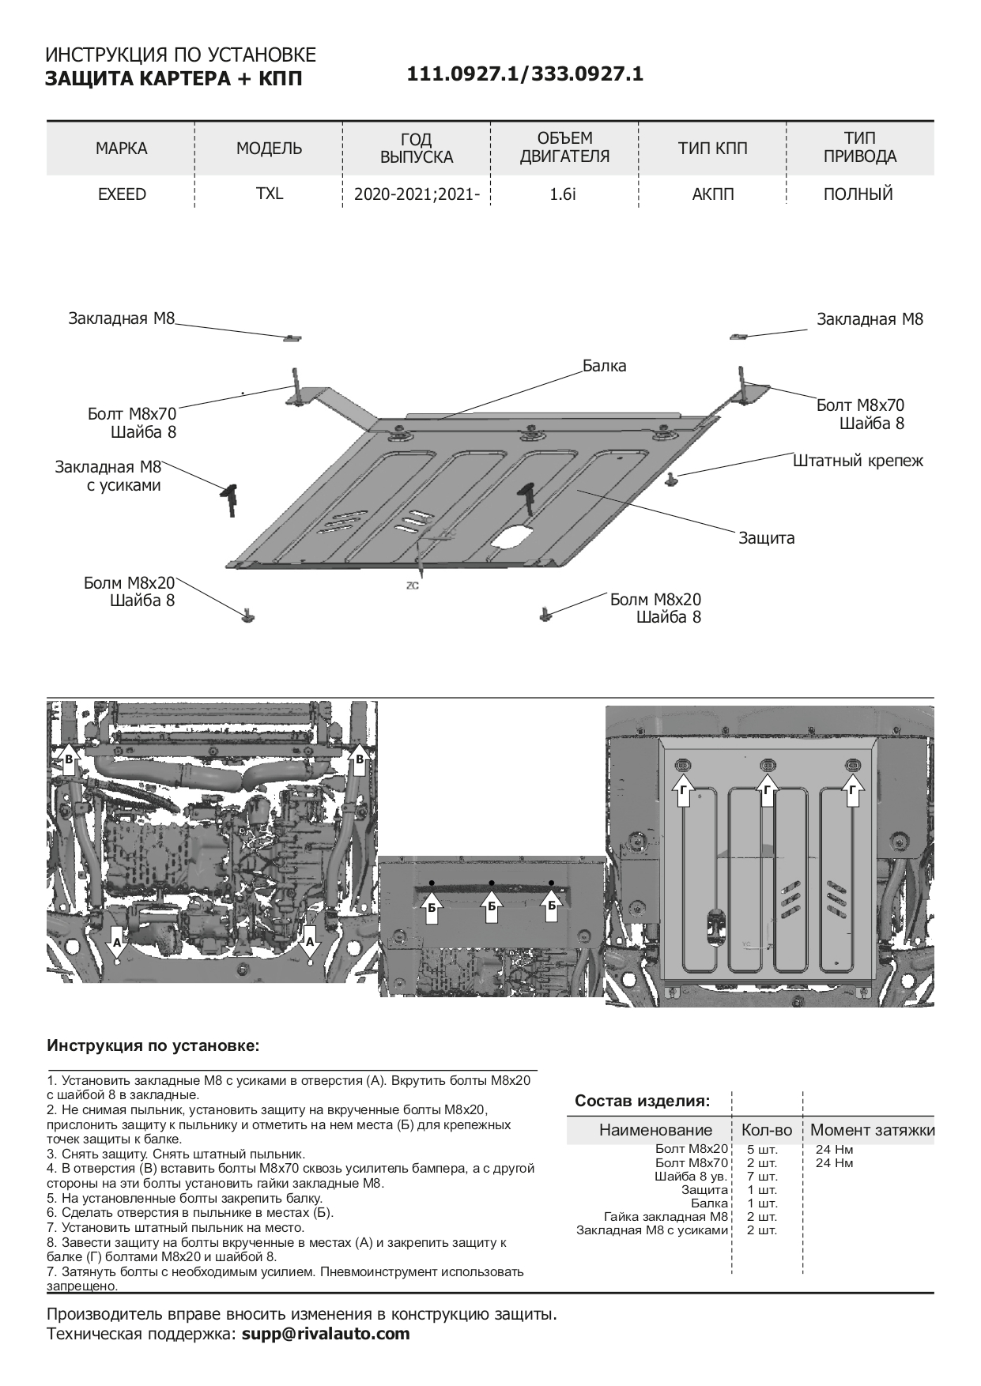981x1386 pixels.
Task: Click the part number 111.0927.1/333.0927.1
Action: pyautogui.click(x=525, y=74)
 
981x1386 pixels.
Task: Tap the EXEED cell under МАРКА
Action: pyautogui.click(x=122, y=194)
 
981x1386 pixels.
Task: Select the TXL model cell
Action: pyautogui.click(x=269, y=194)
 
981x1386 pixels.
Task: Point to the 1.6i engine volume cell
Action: pyautogui.click(x=563, y=194)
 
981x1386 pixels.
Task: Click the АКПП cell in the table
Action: pyautogui.click(x=712, y=194)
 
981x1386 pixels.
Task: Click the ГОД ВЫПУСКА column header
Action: pyautogui.click(x=417, y=149)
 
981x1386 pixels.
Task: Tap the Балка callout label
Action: pyautogui.click(x=604, y=366)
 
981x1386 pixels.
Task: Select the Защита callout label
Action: pyautogui.click(x=766, y=538)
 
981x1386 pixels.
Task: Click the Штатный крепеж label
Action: pyautogui.click(x=858, y=461)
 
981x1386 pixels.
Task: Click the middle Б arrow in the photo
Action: pyautogui.click(x=491, y=905)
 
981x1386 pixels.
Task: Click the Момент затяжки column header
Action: pyautogui.click(x=872, y=1130)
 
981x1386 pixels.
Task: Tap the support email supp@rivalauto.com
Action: pyautogui.click(x=326, y=1335)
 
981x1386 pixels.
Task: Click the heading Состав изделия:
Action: pyautogui.click(x=642, y=1101)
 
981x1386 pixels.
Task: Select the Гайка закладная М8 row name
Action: pyautogui.click(x=665, y=1217)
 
